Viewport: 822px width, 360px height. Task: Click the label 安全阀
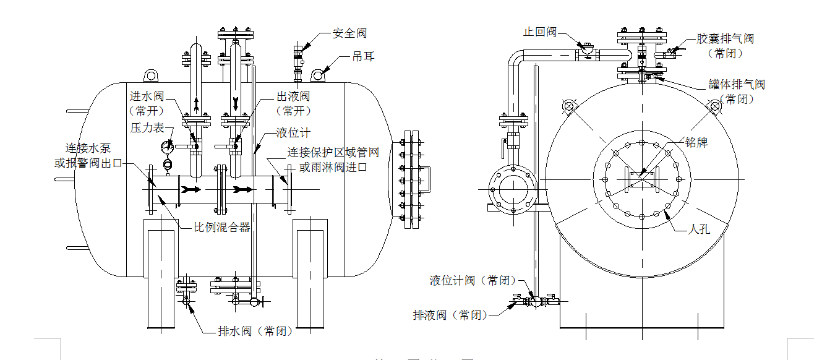pyautogui.click(x=349, y=33)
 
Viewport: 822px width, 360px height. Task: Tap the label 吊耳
pyautogui.click(x=363, y=57)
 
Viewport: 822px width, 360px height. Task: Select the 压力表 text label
pyautogui.click(x=147, y=127)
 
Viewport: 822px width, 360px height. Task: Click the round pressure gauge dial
pyautogui.click(x=166, y=147)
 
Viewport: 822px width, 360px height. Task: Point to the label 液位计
pyautogui.click(x=293, y=133)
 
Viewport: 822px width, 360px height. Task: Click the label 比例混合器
pyautogui.click(x=222, y=227)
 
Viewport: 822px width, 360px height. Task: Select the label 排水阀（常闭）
pyautogui.click(x=255, y=330)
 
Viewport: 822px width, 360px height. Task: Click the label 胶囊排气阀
pyautogui.click(x=725, y=39)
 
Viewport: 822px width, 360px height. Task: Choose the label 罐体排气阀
pyautogui.click(x=737, y=85)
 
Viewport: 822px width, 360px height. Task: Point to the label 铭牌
pyautogui.click(x=696, y=143)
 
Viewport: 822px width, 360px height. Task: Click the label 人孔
pyautogui.click(x=699, y=229)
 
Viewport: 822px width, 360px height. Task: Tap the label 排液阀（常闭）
pyautogui.click(x=450, y=315)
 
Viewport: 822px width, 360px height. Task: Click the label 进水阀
pyautogui.click(x=146, y=96)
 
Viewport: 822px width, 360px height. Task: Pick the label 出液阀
pyautogui.click(x=293, y=96)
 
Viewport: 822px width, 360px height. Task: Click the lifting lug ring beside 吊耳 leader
pyautogui.click(x=319, y=75)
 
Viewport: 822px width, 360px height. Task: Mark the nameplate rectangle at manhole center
pyautogui.click(x=641, y=181)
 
